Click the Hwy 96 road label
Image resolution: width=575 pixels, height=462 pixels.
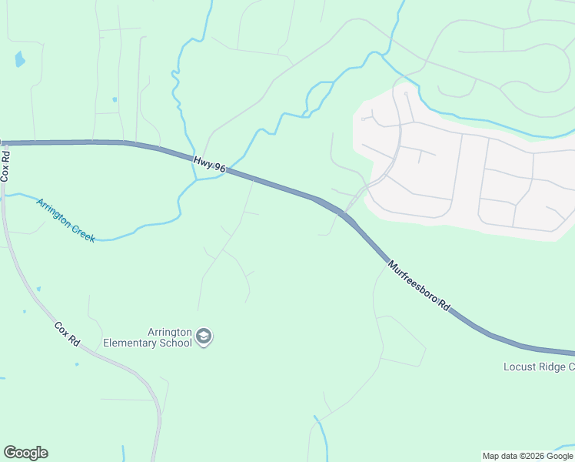[x=209, y=164]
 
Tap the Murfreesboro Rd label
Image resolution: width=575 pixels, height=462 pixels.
[x=419, y=286]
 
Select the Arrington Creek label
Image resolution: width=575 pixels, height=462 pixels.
[x=65, y=220]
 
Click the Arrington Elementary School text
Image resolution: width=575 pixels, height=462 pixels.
[x=148, y=337]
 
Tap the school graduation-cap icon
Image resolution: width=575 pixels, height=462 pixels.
[x=204, y=336]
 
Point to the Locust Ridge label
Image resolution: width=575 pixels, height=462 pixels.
[x=538, y=367]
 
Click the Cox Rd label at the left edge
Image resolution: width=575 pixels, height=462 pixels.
[x=5, y=165]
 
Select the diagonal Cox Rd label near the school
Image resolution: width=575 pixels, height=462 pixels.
[x=68, y=333]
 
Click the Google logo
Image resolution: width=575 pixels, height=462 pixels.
[x=25, y=453]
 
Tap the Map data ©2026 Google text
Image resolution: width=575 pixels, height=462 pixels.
[x=527, y=456]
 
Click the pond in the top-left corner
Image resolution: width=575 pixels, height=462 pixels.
[x=19, y=59]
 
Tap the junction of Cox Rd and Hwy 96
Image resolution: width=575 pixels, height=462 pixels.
[x=4, y=142]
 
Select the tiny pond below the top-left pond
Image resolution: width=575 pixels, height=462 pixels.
[x=115, y=99]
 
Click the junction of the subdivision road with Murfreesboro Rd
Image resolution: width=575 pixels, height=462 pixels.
[x=344, y=213]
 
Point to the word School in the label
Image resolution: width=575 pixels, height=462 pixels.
[x=173, y=343]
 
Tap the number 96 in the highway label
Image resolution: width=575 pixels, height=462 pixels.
[x=219, y=168]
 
